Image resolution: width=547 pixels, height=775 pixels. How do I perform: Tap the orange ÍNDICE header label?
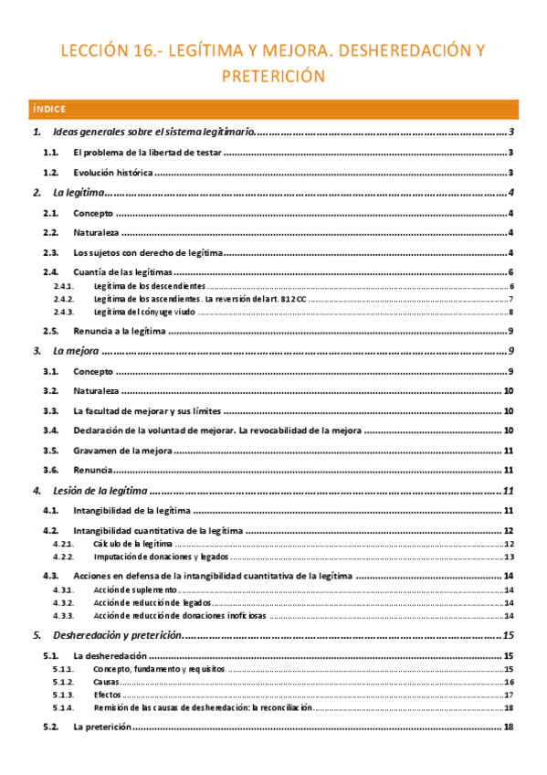pos(48,109)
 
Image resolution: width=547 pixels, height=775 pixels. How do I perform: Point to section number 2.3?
pos(51,252)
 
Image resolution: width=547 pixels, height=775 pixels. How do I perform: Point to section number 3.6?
pos(51,470)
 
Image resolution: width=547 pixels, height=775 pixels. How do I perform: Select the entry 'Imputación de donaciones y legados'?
pos(161,556)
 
